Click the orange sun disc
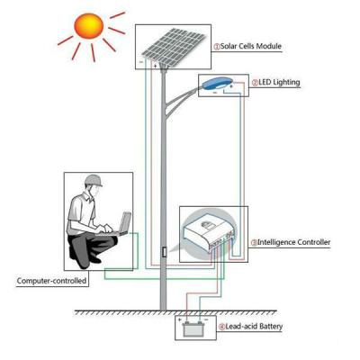pos(89,25)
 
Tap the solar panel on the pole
pos(174,45)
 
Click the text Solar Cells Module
pos(251,47)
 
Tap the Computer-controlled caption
pos(51,281)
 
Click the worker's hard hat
pos(94,181)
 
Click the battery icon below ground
pos(193,329)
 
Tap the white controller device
pos(210,234)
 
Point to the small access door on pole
pos(164,252)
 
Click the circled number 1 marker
pos(217,47)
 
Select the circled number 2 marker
pos(255,83)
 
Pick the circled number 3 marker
pos(254,242)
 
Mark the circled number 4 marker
pos(221,327)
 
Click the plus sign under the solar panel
pos(155,66)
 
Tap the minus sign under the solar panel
pos(141,61)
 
